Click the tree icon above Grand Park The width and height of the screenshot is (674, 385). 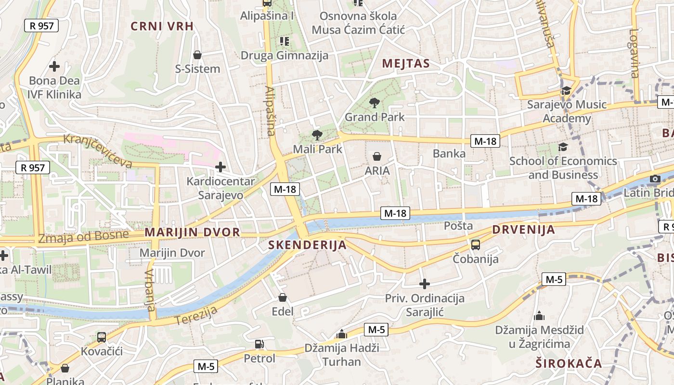coord(374,102)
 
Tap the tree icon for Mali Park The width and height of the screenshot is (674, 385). coord(317,135)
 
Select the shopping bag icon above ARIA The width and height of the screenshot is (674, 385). coord(377,156)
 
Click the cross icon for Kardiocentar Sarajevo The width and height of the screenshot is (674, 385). coord(220,167)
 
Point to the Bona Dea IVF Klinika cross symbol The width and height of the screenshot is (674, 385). coord(54,66)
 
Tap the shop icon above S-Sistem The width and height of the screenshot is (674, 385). coord(197,55)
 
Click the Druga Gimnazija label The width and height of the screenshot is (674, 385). coord(285,55)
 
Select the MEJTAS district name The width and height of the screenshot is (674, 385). coord(406,64)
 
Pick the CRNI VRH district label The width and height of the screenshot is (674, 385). coord(162,26)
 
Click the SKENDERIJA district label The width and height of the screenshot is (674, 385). coord(307,245)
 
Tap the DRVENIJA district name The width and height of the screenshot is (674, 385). coord(524,230)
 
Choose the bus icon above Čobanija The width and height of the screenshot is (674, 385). coord(476,244)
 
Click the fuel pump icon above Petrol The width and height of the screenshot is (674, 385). coord(259,344)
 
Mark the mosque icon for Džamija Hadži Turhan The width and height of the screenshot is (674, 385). coord(342,334)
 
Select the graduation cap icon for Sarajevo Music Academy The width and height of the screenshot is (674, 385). coord(566,90)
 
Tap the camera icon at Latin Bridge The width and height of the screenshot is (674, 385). coord(655,179)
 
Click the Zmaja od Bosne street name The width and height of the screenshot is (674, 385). coord(84,237)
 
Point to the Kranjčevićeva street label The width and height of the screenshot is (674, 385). coord(98,151)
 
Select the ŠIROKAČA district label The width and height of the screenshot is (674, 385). coord(569,363)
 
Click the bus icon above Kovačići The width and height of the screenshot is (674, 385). coord(102,337)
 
